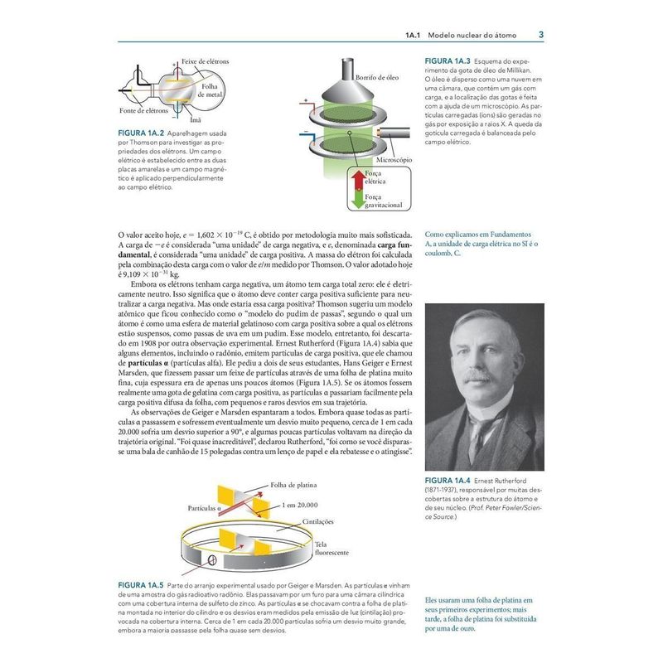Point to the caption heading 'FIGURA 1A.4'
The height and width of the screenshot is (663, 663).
coord(448,480)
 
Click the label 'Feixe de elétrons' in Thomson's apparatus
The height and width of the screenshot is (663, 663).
coord(205,62)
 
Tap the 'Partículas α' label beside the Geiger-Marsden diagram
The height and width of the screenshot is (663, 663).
coord(202,507)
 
